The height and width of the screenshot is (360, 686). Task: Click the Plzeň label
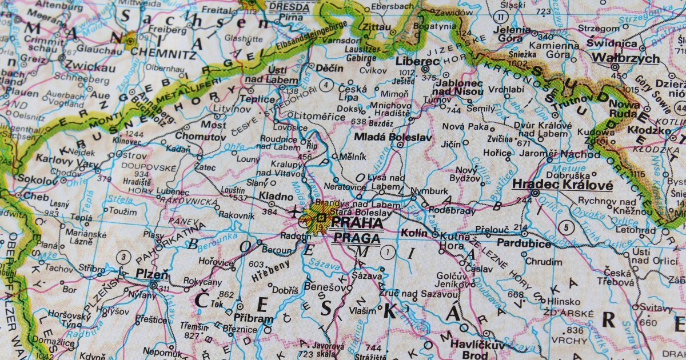(x=152, y=274)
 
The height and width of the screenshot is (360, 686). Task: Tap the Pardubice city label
(x=524, y=243)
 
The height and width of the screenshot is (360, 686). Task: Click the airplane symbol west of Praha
(x=296, y=212)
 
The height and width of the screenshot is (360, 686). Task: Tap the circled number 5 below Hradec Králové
(x=567, y=225)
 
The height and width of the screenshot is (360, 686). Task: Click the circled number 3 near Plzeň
(x=122, y=257)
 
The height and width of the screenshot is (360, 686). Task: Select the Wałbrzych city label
(x=625, y=58)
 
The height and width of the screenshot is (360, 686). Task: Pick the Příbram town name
(x=254, y=318)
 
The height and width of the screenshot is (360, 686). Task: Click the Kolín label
(x=414, y=234)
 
